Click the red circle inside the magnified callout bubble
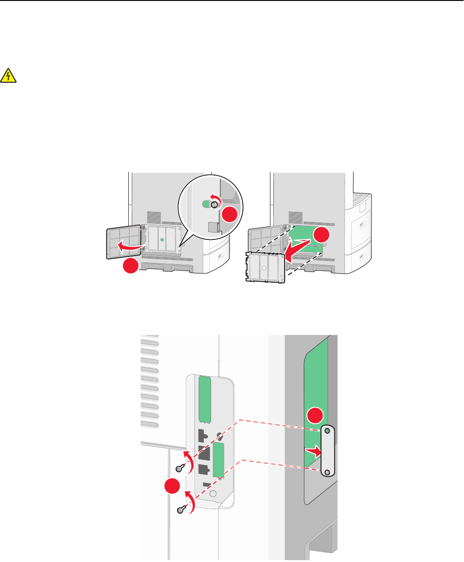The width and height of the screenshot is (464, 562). point(230,215)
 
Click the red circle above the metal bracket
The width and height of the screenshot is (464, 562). point(316,416)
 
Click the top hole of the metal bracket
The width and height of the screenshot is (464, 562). point(327,432)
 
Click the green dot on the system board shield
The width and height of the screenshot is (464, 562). point(161,240)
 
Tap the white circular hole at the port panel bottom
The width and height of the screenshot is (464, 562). point(212,494)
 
